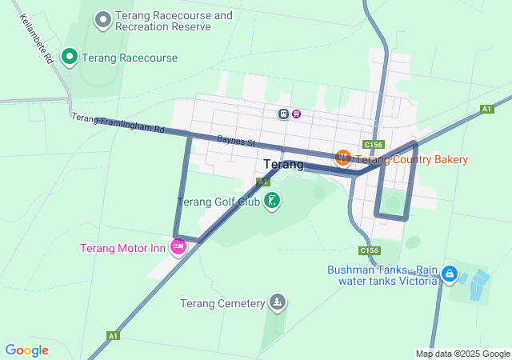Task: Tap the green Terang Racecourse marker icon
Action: coord(69,56)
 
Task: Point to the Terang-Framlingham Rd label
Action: coord(117,123)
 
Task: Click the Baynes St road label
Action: coord(235,142)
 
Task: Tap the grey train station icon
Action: coord(283,114)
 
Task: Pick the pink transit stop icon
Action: coord(297,114)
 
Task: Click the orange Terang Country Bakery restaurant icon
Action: coord(342,158)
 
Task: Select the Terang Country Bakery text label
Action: coord(411,159)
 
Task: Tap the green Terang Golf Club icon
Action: coord(272,200)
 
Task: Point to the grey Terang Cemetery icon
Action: coord(278,302)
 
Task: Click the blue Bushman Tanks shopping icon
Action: coord(450,274)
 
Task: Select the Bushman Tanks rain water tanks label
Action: coord(382,275)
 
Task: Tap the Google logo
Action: coord(27,350)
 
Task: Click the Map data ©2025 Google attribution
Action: coord(462,354)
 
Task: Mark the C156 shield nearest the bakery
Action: coord(372,144)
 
